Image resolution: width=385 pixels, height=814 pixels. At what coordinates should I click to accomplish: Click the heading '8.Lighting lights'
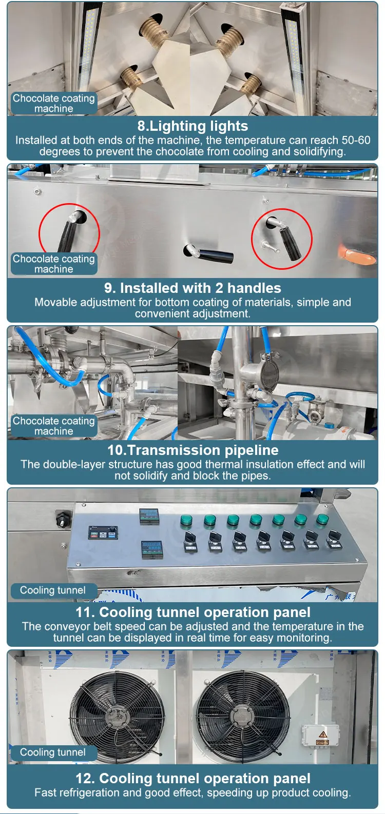[x=192, y=126]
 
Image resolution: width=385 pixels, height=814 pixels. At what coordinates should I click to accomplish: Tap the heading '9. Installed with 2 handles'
[x=192, y=288]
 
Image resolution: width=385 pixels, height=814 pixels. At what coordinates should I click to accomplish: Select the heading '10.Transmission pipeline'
[x=192, y=450]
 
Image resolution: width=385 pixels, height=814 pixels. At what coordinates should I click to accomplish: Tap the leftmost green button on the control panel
[x=186, y=521]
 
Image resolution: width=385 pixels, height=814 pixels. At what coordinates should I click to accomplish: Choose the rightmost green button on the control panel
[x=322, y=519]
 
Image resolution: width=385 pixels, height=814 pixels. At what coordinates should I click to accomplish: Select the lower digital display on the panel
[x=152, y=549]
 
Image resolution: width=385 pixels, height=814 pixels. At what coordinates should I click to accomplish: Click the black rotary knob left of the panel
[x=63, y=519]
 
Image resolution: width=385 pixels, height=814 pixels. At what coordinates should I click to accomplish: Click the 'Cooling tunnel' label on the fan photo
[x=52, y=752]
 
